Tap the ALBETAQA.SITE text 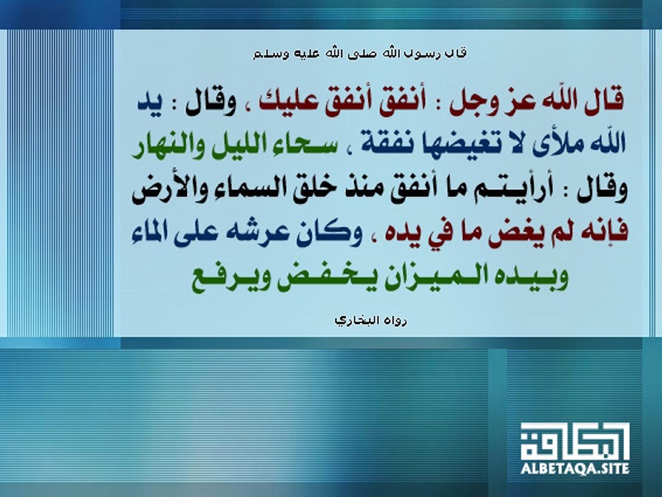tap(574, 468)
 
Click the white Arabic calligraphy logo tap(574, 442)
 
